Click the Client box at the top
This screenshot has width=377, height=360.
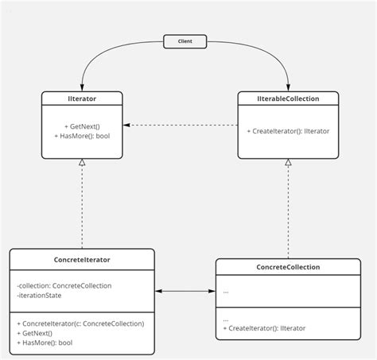pos(185,40)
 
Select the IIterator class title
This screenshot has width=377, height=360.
pos(82,99)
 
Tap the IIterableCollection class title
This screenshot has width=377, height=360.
pos(288,99)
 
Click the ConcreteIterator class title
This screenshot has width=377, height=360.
pos(82,259)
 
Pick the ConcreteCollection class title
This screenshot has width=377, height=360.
pos(288,267)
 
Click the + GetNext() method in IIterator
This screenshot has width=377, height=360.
pos(82,126)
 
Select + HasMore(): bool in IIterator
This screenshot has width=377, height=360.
pos(82,135)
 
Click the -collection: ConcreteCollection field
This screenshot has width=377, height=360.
pos(64,285)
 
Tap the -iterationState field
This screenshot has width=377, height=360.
pos(39,296)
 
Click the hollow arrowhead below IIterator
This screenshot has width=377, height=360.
pos(82,162)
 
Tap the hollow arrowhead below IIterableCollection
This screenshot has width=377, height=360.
pos(288,162)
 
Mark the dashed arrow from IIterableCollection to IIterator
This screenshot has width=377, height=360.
pos(183,125)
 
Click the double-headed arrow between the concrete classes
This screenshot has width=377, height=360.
pos(185,292)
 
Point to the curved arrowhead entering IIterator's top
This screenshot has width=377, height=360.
pos(82,87)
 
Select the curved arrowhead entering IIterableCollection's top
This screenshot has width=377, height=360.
pos(288,87)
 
